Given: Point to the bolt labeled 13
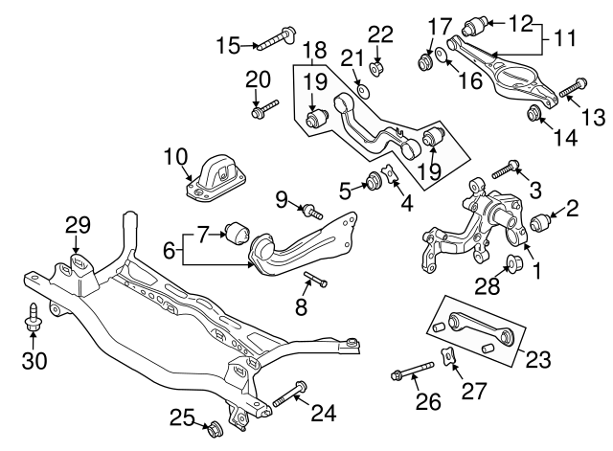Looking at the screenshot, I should pos(570,89).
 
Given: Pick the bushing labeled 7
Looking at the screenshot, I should pos(236,232).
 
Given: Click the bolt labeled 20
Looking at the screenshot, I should pos(261,112).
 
